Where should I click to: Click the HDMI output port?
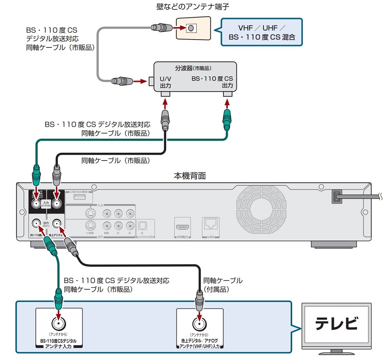click(183, 227)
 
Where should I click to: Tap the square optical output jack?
click(142, 226)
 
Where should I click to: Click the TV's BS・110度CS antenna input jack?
click(59, 325)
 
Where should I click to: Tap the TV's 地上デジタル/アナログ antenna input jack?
click(199, 325)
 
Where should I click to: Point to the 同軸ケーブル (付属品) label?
click(222, 285)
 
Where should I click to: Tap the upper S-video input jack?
click(90, 214)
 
